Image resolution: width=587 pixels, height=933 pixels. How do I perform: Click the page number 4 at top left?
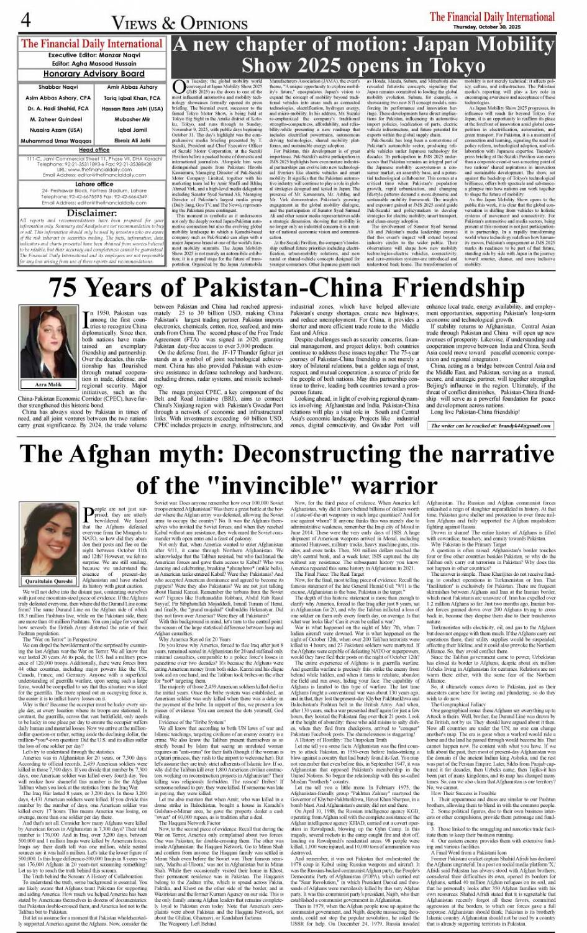(25, 19)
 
